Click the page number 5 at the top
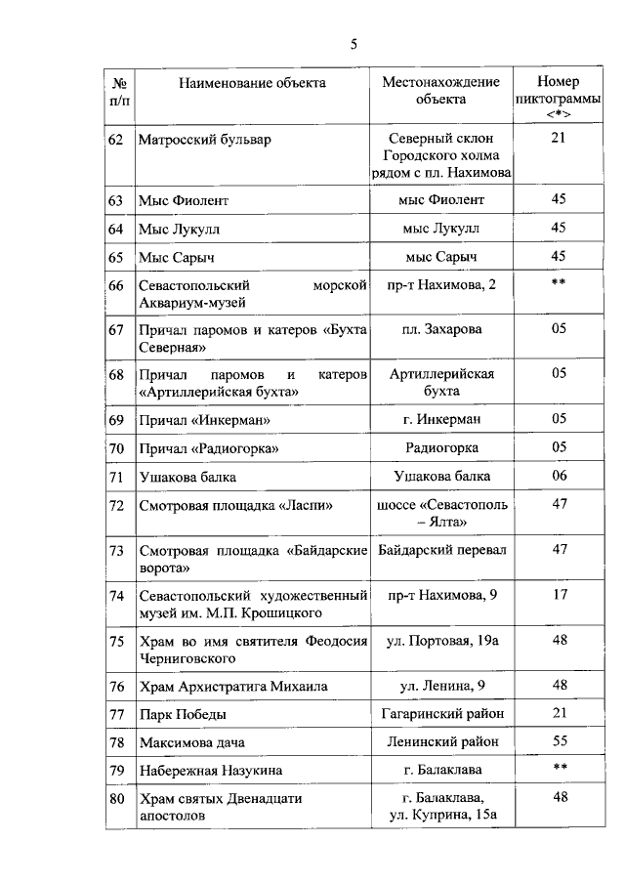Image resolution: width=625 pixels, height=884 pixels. (354, 43)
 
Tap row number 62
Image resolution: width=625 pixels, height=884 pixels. (115, 140)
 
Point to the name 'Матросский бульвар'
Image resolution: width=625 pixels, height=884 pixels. (204, 140)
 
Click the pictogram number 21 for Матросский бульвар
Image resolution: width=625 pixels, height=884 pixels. (559, 139)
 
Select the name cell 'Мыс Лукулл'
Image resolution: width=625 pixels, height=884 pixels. (180, 229)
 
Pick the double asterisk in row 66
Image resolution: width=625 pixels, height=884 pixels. (559, 285)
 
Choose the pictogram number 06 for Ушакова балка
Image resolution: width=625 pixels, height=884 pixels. (559, 476)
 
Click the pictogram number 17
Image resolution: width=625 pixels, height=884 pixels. (559, 595)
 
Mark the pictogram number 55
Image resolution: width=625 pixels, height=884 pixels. (559, 742)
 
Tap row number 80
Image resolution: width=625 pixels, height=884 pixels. (115, 799)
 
